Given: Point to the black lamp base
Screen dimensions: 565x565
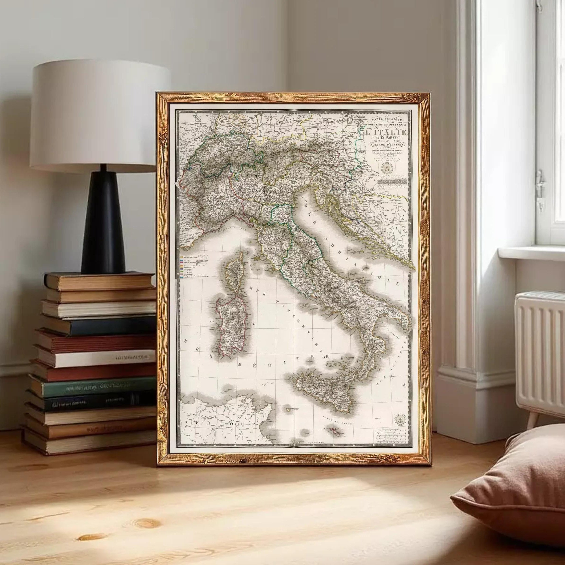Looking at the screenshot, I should [x=104, y=226].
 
